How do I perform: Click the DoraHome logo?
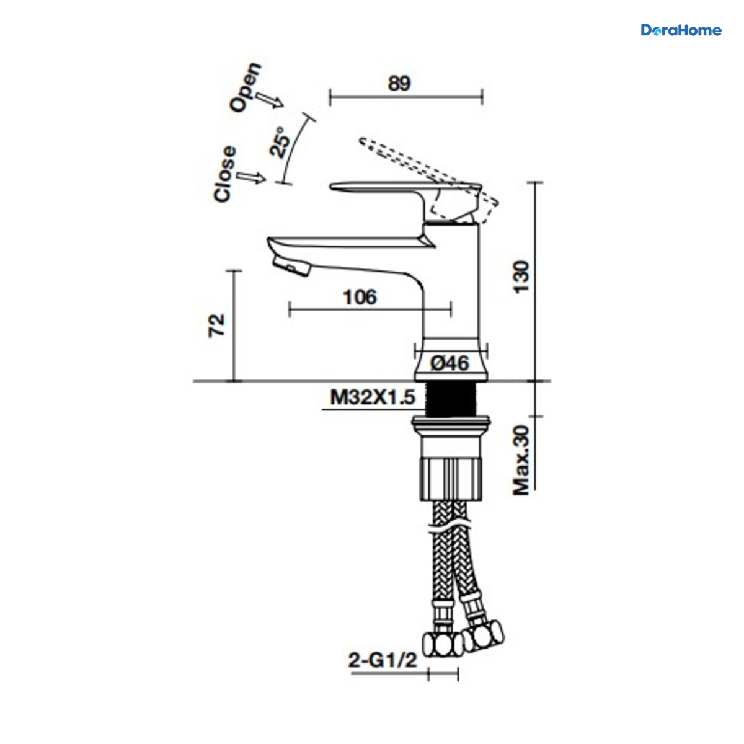click(681, 30)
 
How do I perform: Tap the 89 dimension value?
click(399, 84)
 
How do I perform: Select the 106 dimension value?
click(360, 297)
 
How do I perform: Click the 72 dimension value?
click(216, 325)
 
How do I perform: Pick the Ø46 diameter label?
click(449, 363)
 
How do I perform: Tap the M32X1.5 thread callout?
click(373, 397)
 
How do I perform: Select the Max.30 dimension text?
click(521, 460)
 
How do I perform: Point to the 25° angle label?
click(280, 142)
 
